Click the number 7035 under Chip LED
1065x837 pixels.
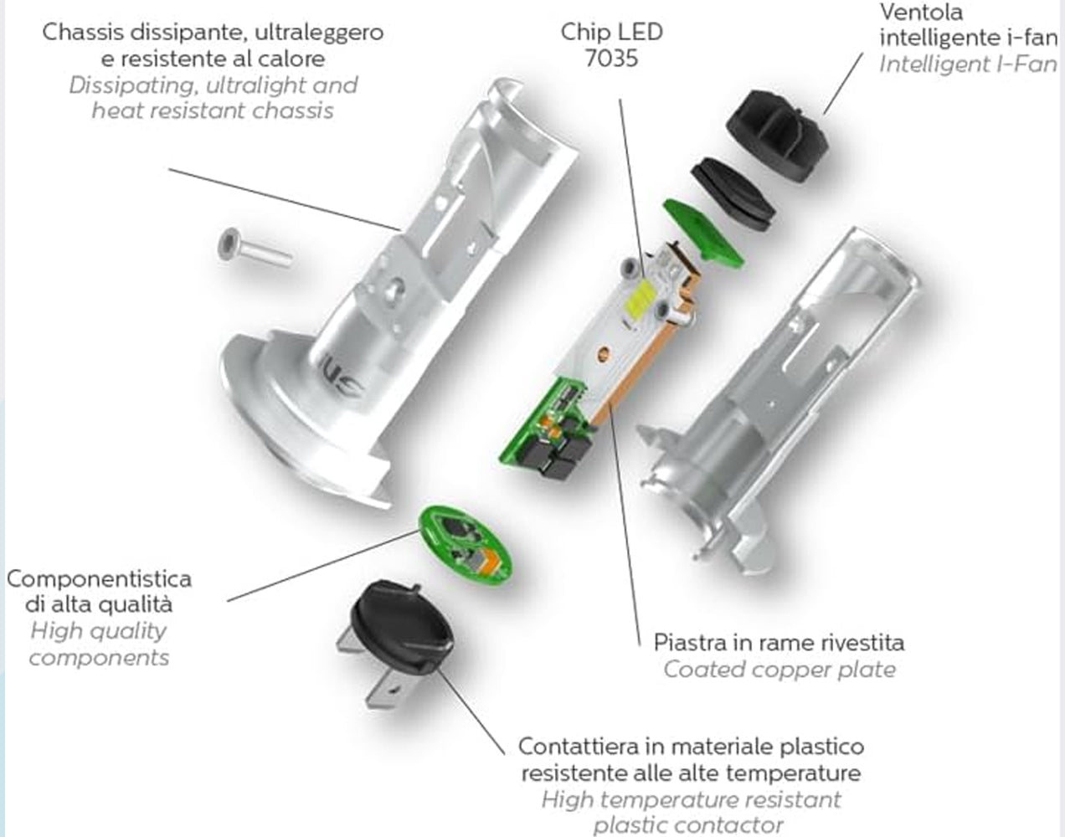click(612, 59)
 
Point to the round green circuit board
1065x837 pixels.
click(466, 545)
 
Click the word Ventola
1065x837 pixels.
click(922, 13)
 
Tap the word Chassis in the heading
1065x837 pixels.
click(83, 33)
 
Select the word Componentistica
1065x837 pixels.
click(100, 579)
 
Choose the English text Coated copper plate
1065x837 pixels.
click(779, 670)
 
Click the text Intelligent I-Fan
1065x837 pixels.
click(968, 64)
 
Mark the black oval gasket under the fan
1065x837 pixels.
click(733, 194)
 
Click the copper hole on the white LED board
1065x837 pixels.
click(603, 352)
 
